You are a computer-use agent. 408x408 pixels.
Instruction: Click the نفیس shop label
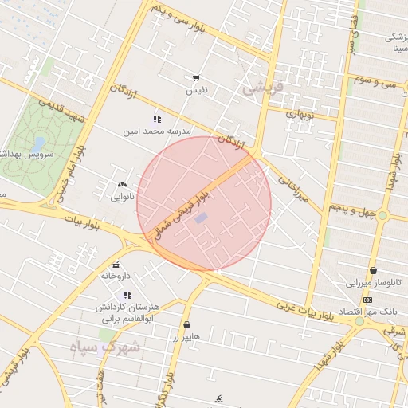[196, 91]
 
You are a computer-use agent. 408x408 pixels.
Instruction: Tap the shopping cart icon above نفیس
[196, 79]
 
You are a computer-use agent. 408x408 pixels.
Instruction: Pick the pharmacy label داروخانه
[116, 276]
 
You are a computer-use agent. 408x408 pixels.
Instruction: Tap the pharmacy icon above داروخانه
[116, 265]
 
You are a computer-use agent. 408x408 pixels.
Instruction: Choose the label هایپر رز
[186, 337]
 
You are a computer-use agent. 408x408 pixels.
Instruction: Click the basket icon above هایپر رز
[186, 325]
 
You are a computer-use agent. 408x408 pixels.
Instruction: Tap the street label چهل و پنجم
[351, 209]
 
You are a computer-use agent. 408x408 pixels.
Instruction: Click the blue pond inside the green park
[39, 143]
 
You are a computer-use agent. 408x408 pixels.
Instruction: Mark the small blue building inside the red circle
[201, 218]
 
